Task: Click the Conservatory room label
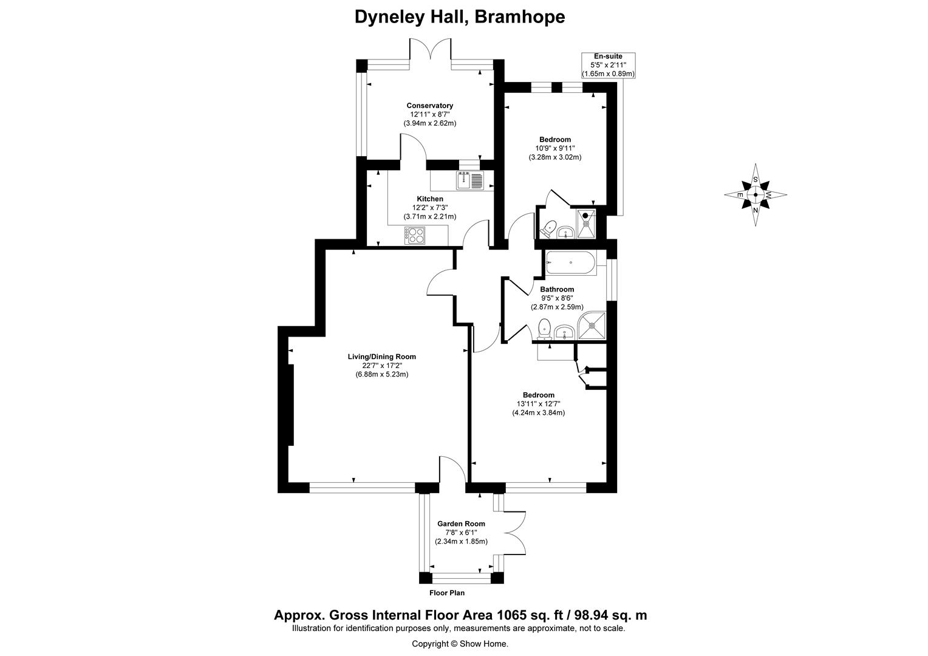pyautogui.click(x=429, y=106)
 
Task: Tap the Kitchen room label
pyautogui.click(x=429, y=199)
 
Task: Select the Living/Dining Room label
pyautogui.click(x=381, y=357)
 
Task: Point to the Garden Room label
pyautogui.click(x=461, y=524)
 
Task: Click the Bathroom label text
pyautogui.click(x=557, y=289)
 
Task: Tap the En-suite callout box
pyautogui.click(x=608, y=65)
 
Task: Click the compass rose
pyautogui.click(x=756, y=195)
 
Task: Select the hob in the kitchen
pyautogui.click(x=415, y=235)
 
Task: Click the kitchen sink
pyautogui.click(x=469, y=180)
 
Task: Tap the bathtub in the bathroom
pyautogui.click(x=571, y=263)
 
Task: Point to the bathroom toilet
pyautogui.click(x=544, y=327)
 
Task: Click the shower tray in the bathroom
pyautogui.click(x=592, y=326)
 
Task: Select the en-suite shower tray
pyautogui.click(x=585, y=222)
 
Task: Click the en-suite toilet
pyautogui.click(x=548, y=228)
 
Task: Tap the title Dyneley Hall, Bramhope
pyautogui.click(x=460, y=16)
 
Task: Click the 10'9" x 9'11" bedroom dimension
pyautogui.click(x=554, y=148)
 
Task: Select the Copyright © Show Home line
pyautogui.click(x=460, y=644)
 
